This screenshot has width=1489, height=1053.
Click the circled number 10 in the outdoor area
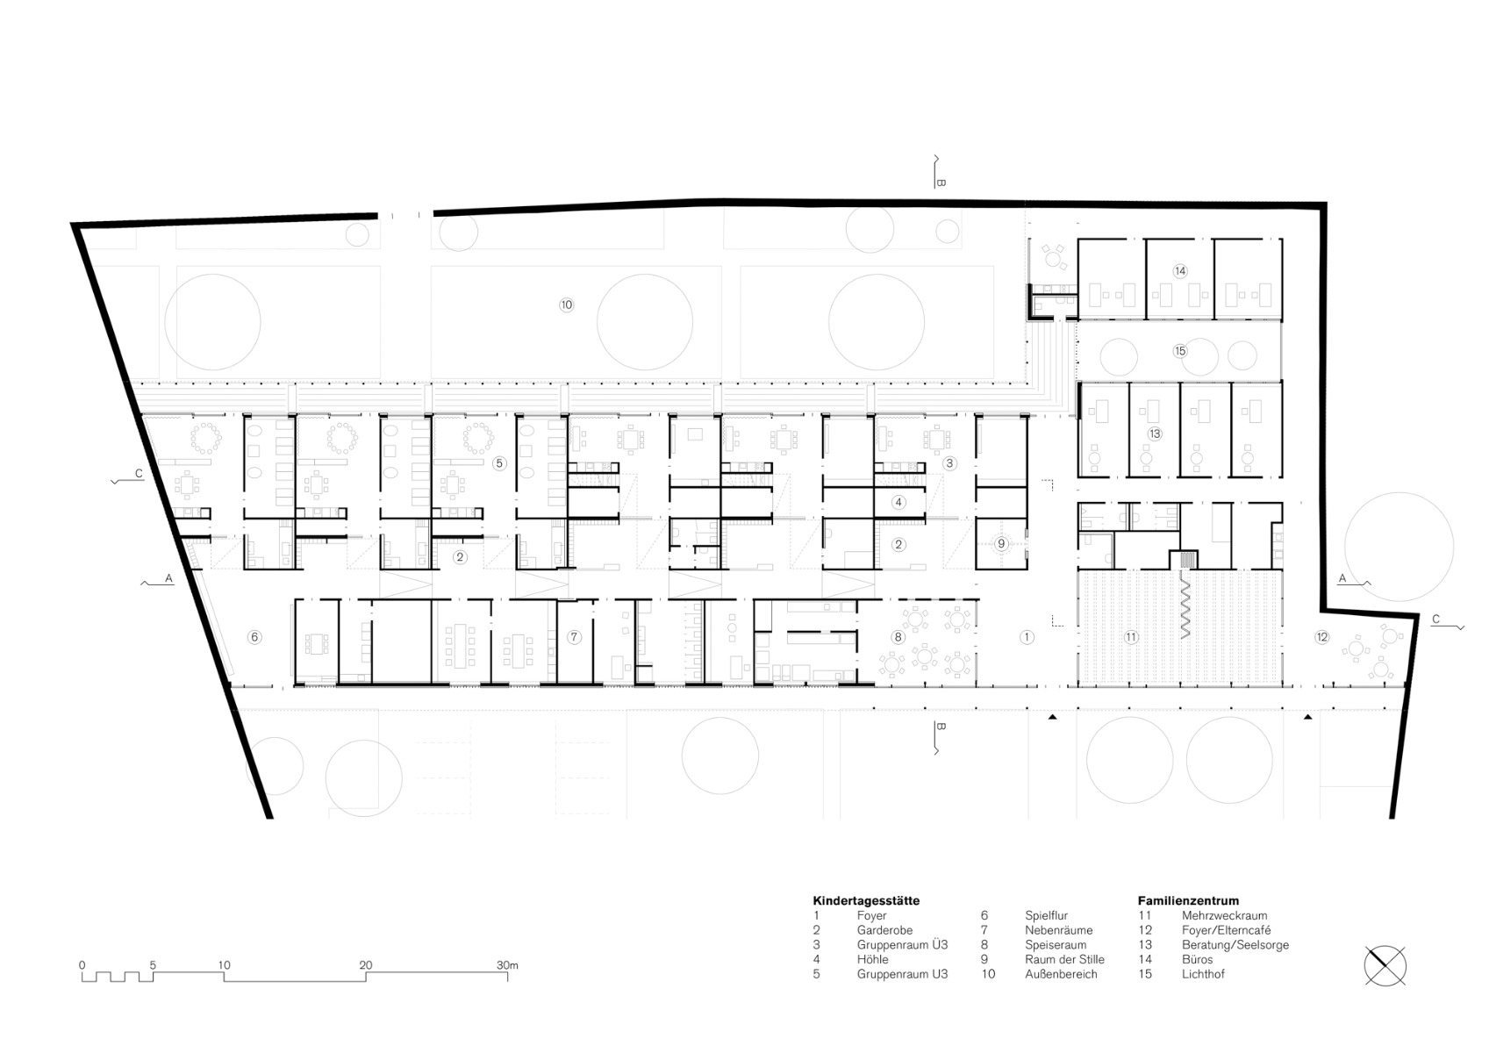pos(566,305)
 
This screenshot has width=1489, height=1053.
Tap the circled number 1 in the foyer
pos(1027,637)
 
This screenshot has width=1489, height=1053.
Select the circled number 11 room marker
pos(1131,638)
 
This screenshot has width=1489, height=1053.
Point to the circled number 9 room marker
pos(1001,544)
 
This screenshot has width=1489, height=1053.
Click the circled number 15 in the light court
pos(1180,351)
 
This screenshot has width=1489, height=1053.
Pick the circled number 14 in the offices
pos(1180,271)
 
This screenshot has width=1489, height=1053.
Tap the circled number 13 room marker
pos(1155,433)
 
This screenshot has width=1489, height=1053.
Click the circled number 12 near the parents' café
pos(1321,637)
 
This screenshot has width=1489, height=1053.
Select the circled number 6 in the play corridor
pos(254,637)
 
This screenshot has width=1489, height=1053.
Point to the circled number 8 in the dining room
pos(898,637)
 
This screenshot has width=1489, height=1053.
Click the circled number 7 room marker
pos(574,637)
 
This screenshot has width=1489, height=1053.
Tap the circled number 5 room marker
pos(499,463)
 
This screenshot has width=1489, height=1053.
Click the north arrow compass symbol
pos(1385,967)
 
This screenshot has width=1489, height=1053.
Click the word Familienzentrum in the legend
pos(1188,900)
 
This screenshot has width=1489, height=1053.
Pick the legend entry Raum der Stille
pos(1064,959)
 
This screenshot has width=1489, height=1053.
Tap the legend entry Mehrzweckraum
pos(1224,915)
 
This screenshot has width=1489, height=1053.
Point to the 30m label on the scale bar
pos(506,965)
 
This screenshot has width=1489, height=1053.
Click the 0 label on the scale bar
pos(82,965)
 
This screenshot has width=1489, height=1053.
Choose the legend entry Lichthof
pos(1203,974)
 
